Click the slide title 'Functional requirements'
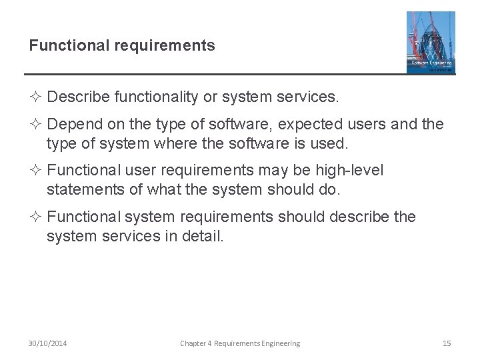point(122,45)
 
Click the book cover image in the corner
point(431,42)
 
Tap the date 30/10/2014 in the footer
point(47,343)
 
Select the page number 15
point(447,343)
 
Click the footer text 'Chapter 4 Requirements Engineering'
point(240,343)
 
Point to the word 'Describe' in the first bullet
point(79,97)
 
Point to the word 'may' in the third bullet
point(288,171)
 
